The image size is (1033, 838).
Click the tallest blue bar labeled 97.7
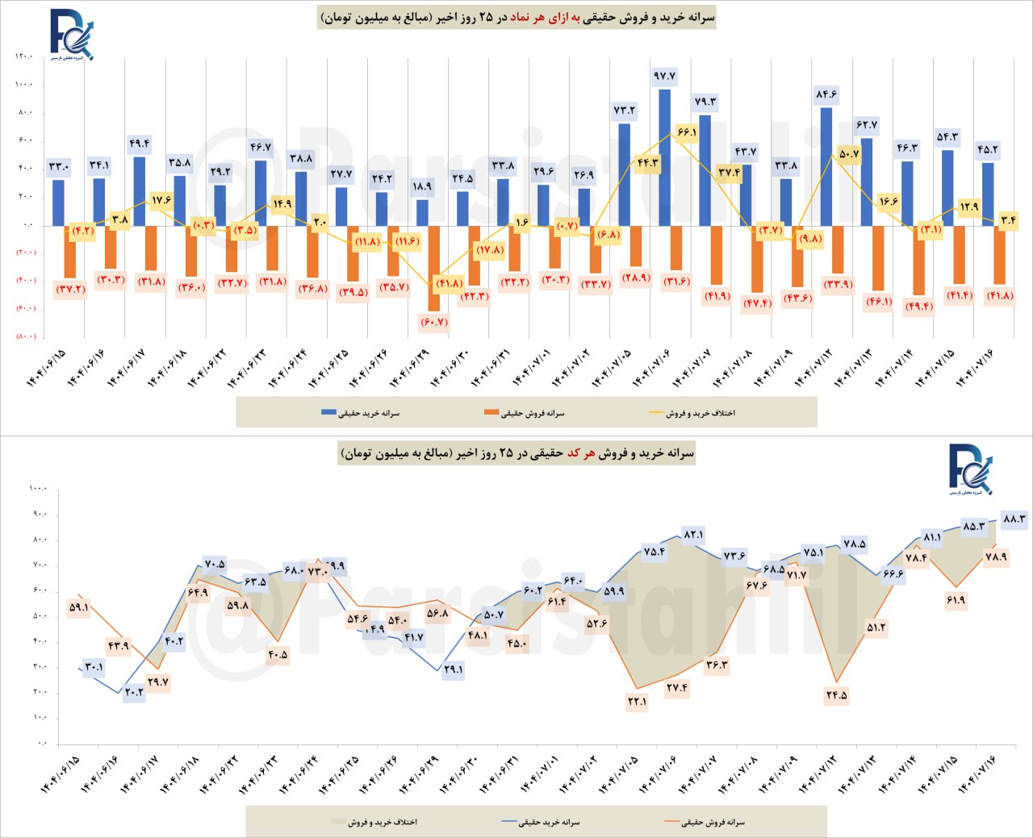point(664,157)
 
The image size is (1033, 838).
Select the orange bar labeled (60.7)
point(434,268)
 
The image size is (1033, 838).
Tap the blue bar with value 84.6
point(826,166)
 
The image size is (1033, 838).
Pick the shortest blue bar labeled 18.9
point(422,212)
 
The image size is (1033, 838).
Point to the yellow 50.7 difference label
point(849,154)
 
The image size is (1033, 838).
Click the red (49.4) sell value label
point(918,306)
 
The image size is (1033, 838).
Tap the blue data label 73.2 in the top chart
point(624,110)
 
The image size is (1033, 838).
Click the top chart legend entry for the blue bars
point(360,413)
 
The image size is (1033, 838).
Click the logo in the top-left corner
point(71,35)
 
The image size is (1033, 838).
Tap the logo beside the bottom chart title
point(970,469)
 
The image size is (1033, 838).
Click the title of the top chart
point(517,17)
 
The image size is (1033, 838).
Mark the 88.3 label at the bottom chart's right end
point(1014,519)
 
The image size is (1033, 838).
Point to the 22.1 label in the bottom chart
point(637,702)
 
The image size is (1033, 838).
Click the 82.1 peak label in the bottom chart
point(693,535)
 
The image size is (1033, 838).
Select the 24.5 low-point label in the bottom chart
point(837,695)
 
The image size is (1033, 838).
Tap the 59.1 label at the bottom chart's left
point(79,607)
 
